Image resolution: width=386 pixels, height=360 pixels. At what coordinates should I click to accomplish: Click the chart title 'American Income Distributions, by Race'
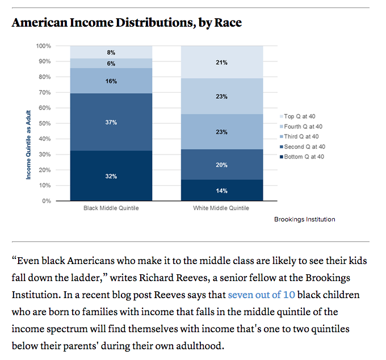(127, 23)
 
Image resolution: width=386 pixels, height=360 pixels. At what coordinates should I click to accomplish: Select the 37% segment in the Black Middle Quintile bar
(111, 122)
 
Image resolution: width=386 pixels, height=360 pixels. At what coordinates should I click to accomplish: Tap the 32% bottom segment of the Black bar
(111, 177)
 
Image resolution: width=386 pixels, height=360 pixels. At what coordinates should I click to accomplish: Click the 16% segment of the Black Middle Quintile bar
(111, 81)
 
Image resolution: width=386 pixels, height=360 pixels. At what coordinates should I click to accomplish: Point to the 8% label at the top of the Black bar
(111, 52)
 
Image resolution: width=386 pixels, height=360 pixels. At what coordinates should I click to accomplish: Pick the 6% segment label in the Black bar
(111, 64)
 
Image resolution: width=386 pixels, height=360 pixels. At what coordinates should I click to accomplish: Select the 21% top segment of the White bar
(222, 62)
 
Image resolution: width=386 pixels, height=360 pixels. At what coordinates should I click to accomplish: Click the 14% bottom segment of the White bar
(222, 191)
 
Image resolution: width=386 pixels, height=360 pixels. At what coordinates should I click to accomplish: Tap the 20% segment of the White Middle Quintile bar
(222, 165)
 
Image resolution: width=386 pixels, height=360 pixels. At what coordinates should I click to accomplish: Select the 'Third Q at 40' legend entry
(303, 136)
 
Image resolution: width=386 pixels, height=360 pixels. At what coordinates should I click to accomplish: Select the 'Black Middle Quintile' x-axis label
(111, 208)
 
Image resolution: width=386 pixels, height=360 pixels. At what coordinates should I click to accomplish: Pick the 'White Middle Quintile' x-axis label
(222, 208)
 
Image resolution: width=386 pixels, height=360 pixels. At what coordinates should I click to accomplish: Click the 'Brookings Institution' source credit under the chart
(304, 219)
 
